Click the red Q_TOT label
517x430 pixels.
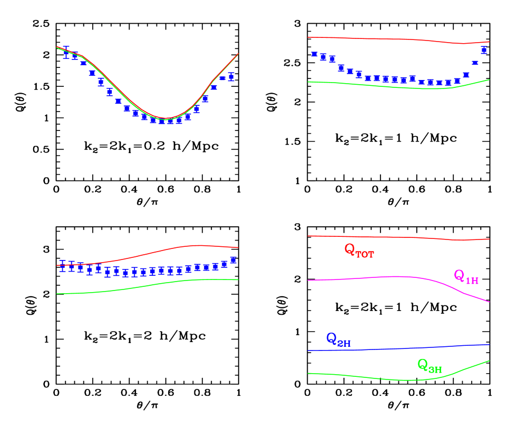[359, 250]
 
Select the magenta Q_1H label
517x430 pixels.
[466, 276]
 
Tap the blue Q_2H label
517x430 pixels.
[338, 339]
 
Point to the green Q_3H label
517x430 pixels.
[429, 365]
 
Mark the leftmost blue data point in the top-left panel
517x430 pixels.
[66, 52]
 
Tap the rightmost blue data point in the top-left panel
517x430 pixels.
[231, 77]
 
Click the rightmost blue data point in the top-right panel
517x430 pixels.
[484, 51]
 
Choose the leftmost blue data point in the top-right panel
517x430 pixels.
[315, 54]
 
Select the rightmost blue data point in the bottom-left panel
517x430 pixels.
[233, 260]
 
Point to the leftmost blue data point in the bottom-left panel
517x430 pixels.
[63, 266]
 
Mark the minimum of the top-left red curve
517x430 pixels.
[166, 118]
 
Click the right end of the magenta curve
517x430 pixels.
[489, 302]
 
